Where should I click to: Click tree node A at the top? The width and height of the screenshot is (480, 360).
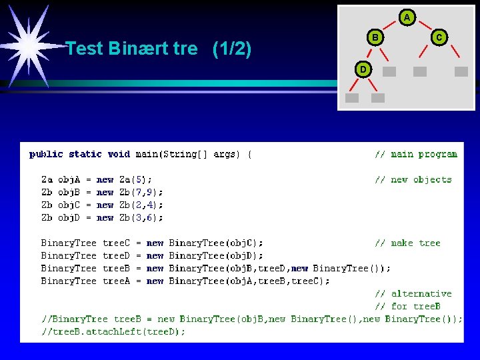coord(407,17)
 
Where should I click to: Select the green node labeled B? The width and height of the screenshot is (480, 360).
coord(375,38)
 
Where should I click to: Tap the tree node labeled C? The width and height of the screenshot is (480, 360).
coord(439,38)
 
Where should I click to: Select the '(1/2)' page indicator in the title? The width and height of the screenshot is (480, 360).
coord(231,49)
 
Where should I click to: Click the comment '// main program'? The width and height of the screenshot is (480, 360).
coord(415,154)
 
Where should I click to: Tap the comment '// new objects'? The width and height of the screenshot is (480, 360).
coord(413,179)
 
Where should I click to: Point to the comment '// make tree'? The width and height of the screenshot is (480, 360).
coord(407,243)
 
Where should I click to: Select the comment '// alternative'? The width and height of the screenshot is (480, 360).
coord(413,293)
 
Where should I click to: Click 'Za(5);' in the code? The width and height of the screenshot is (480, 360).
coord(135,179)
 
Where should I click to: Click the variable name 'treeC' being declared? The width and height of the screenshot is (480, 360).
coord(116,243)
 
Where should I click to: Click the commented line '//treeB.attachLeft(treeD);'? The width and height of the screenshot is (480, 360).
coord(113,331)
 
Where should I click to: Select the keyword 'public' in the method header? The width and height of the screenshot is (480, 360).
coord(46,154)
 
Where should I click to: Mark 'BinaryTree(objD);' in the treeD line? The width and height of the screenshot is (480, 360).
coord(216,255)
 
